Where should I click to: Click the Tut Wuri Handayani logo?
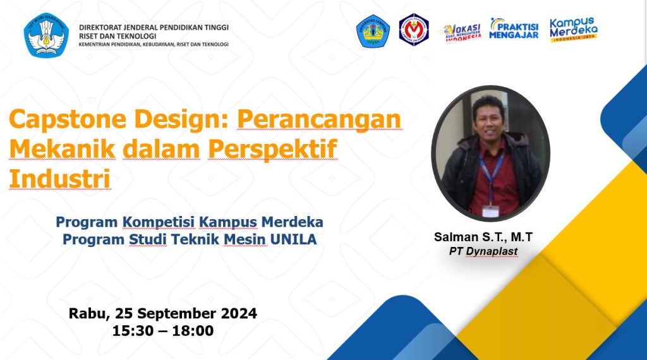46,35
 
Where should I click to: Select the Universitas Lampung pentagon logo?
373,31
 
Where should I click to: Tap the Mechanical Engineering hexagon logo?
414,30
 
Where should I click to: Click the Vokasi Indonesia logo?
462,33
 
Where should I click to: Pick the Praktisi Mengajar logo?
514,28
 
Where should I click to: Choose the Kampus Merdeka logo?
574,29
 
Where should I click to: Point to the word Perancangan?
319,119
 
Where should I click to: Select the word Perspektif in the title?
273,149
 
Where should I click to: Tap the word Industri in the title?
60,179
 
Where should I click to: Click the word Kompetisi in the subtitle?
159,222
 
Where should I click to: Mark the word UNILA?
293,239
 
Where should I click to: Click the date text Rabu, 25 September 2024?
162,313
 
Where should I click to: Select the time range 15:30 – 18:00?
163,331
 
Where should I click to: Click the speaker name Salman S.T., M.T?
483,237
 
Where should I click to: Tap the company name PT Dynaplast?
483,251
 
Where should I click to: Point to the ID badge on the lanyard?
490,211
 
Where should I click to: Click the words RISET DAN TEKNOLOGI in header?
118,36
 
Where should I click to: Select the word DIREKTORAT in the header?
101,27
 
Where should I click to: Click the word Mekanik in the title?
63,149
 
